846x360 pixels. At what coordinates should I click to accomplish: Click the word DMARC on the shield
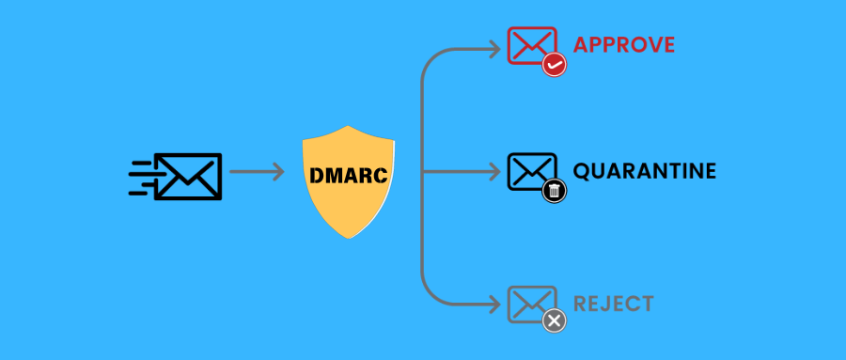(349, 174)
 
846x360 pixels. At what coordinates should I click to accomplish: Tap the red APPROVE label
(624, 45)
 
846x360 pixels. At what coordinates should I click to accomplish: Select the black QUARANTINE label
(645, 172)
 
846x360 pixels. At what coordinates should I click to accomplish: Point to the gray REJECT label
(613, 304)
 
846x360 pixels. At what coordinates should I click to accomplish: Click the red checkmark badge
(555, 65)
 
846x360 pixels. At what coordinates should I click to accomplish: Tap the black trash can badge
(555, 192)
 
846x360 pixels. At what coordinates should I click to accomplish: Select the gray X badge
(555, 321)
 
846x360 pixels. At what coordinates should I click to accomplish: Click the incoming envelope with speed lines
(187, 175)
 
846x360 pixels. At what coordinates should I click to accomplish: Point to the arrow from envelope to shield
(257, 172)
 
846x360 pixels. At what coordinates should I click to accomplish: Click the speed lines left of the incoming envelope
(141, 176)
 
